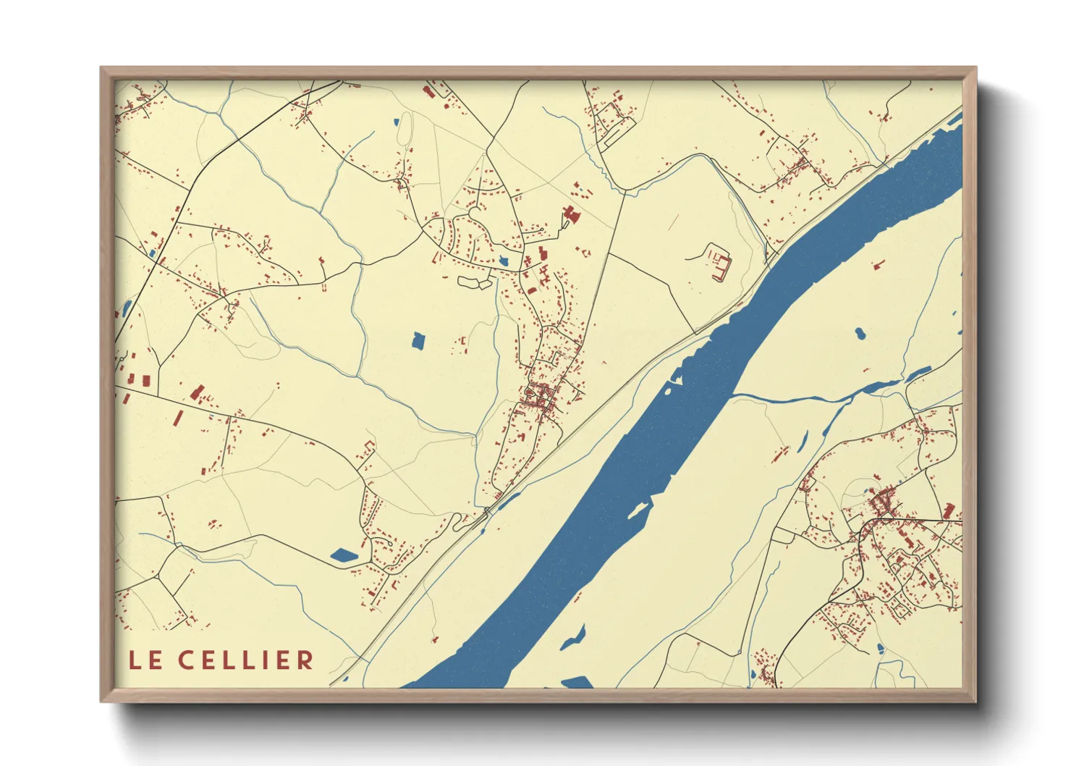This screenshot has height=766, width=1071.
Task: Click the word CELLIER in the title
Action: [246, 660]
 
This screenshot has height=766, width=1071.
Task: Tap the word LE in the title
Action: [145, 660]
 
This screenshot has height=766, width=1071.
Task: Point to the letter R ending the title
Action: [305, 660]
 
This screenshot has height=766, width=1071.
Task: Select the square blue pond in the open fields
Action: [418, 340]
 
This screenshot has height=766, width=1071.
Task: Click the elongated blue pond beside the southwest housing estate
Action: [344, 556]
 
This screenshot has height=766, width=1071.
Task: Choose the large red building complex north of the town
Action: [571, 214]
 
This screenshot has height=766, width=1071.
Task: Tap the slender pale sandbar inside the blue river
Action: [637, 510]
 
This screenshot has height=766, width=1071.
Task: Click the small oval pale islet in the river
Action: [668, 391]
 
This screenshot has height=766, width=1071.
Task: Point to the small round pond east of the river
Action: [860, 334]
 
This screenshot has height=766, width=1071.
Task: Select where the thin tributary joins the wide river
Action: [734, 395]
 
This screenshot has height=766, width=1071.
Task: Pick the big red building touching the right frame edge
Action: [949, 510]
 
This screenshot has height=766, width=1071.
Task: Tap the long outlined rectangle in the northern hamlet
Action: [619, 133]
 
